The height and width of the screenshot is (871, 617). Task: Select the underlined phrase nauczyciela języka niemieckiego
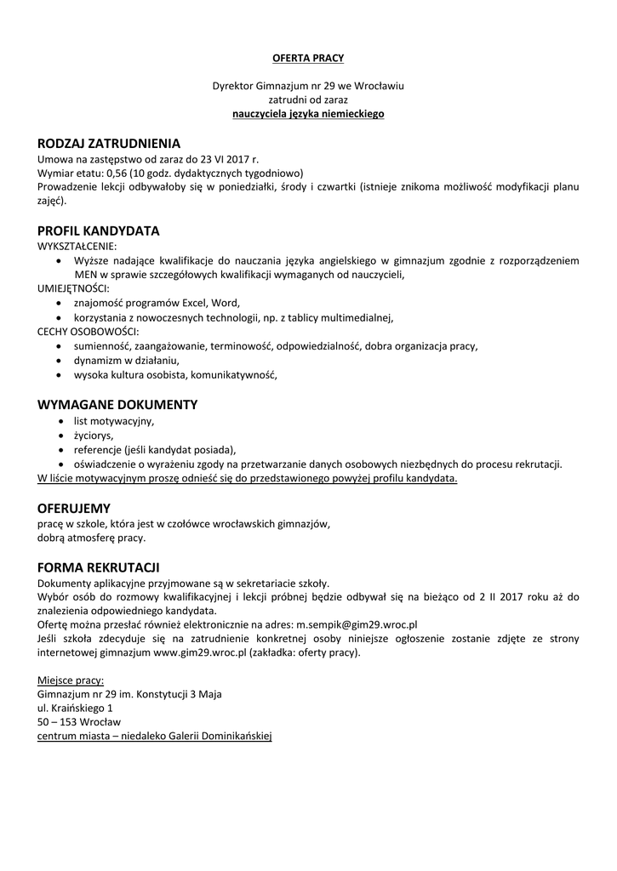(x=308, y=113)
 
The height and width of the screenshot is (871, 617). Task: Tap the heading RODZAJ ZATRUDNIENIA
(x=109, y=144)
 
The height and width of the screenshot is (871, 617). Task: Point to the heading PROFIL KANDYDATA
(x=99, y=231)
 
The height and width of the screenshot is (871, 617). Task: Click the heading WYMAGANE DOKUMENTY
(x=117, y=404)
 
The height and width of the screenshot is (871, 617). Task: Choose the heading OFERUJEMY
(x=74, y=508)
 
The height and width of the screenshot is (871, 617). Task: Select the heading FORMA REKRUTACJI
(x=99, y=567)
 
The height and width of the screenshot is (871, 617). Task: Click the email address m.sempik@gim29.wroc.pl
(x=357, y=623)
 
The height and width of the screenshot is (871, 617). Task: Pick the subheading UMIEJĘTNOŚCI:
(x=67, y=288)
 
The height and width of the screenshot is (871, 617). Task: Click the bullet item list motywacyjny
(x=114, y=420)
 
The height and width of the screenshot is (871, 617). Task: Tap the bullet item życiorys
(x=94, y=435)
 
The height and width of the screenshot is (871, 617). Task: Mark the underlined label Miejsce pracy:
(x=71, y=680)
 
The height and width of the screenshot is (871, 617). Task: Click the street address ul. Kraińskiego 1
(x=75, y=708)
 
